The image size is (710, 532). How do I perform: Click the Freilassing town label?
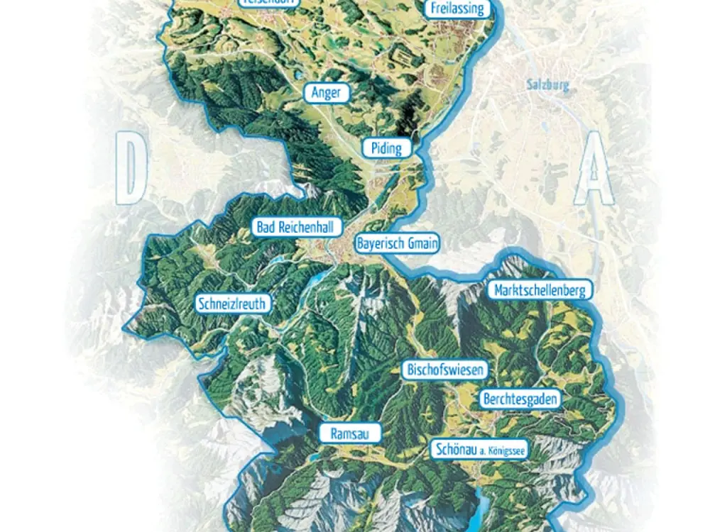458,9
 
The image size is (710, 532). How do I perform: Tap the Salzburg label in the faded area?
548,84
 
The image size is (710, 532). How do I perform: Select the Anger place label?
327,93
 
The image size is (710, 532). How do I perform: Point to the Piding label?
386,148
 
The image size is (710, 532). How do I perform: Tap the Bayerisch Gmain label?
397,243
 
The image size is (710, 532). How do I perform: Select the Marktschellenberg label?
540,290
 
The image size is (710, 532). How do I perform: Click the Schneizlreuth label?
233,304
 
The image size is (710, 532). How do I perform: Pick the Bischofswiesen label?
445,370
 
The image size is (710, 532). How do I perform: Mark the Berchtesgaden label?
520,399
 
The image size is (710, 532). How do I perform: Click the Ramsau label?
351,434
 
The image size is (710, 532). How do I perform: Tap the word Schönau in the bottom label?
454,449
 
